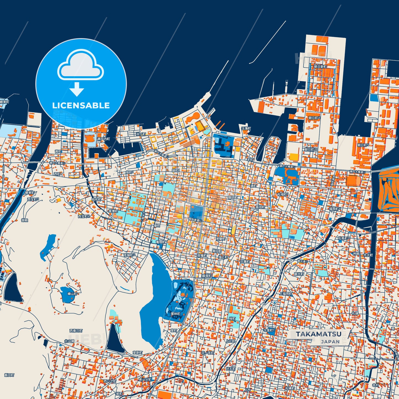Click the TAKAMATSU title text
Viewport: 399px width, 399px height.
point(318,334)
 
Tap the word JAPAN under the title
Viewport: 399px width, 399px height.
point(330,342)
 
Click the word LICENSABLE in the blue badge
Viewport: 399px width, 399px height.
point(81,105)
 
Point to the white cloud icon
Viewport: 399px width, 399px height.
point(80,65)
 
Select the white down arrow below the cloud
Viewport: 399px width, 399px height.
point(77,89)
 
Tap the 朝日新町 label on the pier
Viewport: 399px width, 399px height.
point(320,67)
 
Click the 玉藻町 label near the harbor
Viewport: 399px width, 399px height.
point(246,128)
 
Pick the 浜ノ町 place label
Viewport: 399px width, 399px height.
point(141,134)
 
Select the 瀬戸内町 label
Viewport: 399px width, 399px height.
point(104,139)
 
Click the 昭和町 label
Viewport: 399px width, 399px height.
point(97,199)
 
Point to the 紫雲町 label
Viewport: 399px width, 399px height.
point(113,211)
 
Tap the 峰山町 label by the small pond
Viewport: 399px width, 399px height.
point(73,294)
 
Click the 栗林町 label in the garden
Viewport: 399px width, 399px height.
point(175,314)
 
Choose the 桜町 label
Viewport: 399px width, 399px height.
point(232,319)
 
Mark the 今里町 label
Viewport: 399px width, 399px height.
point(269,330)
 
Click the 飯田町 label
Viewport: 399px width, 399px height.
point(9,375)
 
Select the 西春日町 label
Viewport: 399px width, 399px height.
point(76,331)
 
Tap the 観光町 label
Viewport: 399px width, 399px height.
point(299,274)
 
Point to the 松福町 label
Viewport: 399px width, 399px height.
point(283,194)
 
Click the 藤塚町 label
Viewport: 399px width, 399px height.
point(207,276)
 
